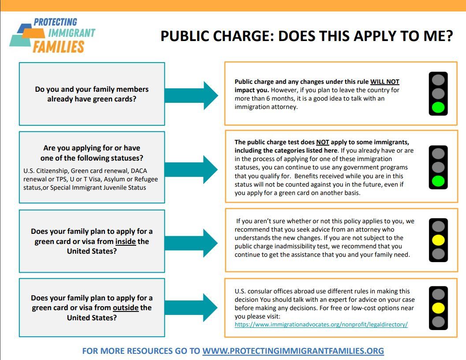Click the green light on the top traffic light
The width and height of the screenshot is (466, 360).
tap(438, 107)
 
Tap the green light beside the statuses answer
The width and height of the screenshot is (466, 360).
tap(438, 181)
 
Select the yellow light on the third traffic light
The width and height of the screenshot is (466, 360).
tap(438, 240)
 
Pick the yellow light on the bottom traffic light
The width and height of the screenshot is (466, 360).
tap(438, 307)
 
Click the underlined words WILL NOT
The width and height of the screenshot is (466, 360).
tap(384, 82)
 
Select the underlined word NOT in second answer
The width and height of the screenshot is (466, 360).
tap(322, 142)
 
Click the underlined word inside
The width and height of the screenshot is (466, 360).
tap(126, 241)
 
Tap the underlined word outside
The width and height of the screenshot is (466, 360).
tap(126, 307)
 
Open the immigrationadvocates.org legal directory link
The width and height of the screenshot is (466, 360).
tap(321, 324)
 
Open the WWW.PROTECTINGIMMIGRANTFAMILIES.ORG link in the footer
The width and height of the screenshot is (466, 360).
tap(293, 351)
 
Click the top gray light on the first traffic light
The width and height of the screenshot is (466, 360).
tap(438, 80)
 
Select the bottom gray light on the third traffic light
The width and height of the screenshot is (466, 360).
tap(438, 254)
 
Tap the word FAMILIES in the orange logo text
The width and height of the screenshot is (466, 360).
tap(58, 47)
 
